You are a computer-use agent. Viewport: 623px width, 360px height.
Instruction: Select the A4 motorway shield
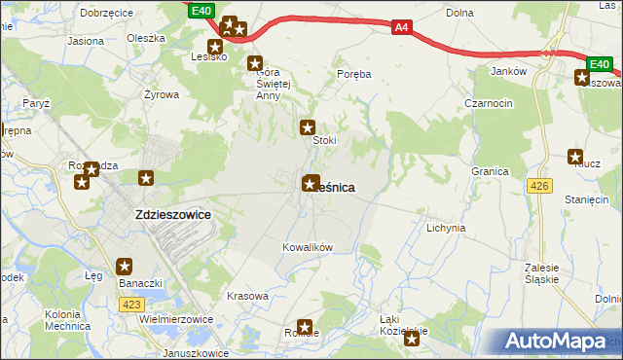coord(401,28)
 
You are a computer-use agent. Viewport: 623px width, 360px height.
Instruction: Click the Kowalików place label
coord(308,247)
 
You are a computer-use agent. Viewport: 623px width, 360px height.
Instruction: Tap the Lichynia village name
coord(446,228)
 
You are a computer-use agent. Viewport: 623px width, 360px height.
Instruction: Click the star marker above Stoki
coord(309,126)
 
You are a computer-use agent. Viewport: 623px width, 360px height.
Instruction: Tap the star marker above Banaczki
coord(125,266)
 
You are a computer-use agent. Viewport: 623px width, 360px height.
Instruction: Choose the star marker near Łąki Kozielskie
coord(412,339)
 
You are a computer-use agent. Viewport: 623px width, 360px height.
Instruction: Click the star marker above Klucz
coord(575,156)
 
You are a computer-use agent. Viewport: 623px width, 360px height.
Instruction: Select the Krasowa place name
coord(246,296)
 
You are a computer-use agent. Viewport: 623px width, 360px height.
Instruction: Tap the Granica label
coord(491,171)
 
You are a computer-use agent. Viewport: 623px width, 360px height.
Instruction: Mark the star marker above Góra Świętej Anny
coord(256,64)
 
